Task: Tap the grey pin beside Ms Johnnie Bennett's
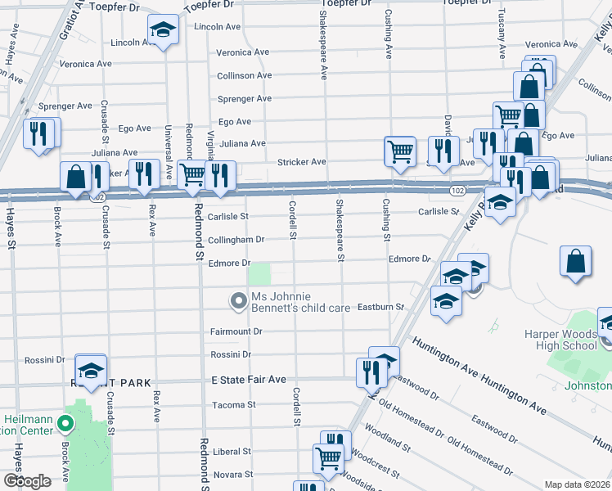[x=239, y=302]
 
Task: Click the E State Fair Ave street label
[x=249, y=380]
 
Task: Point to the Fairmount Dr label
[x=236, y=331]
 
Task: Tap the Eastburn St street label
[x=381, y=307]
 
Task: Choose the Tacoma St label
[x=234, y=404]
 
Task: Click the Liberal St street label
[x=232, y=451]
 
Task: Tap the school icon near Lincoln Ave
[x=164, y=32]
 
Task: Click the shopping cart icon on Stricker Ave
[x=399, y=150]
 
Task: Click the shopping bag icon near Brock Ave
[x=76, y=177]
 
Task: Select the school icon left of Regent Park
[x=91, y=369]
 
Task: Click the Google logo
[x=27, y=481]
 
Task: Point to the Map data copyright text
[x=578, y=484]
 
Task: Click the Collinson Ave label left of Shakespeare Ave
[x=244, y=75]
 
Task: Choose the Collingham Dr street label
[x=236, y=240]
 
